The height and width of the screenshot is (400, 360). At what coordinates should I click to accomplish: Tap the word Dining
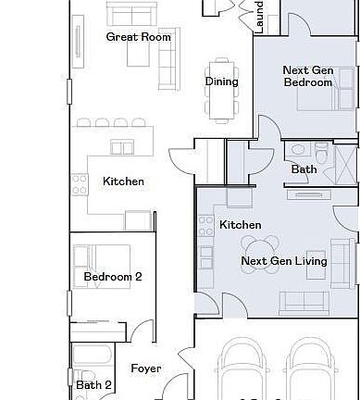click(221, 81)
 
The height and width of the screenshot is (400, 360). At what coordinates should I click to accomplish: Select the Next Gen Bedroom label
click(307, 76)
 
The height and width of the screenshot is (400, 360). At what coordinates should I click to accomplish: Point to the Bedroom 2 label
click(113, 277)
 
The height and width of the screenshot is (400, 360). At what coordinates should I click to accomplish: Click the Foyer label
click(145, 369)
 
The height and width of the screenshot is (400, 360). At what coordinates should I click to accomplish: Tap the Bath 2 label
click(94, 385)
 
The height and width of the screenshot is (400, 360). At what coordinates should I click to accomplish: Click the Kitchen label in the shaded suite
click(240, 225)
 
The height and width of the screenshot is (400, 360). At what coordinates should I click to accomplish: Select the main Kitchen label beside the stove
click(123, 181)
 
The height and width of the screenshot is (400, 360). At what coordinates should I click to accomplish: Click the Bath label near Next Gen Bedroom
click(304, 169)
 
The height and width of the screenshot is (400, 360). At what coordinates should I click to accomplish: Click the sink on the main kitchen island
click(120, 146)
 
